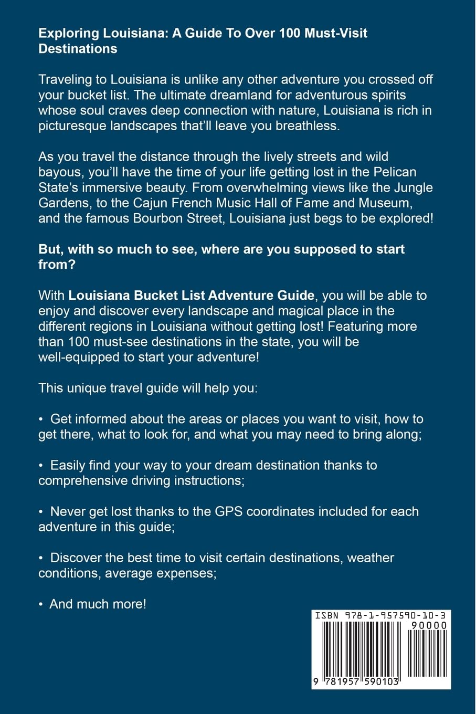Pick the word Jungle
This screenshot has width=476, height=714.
[412, 187]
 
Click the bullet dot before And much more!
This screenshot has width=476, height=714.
[41, 604]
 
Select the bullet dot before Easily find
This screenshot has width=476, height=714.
[41, 465]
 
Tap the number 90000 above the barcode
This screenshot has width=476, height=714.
[429, 625]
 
